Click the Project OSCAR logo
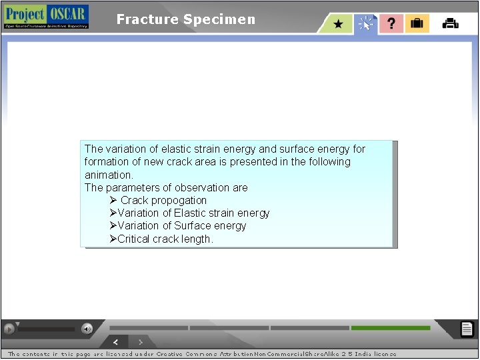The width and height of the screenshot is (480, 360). coord(46,17)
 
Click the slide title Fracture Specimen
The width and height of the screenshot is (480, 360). coord(185,19)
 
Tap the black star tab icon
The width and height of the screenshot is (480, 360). coord(339,24)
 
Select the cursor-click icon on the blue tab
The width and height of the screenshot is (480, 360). coord(366,24)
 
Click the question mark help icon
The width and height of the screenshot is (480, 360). coord(391,24)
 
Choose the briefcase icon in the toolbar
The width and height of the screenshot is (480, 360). coord(417,24)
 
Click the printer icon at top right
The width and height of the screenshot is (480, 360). coord(451,24)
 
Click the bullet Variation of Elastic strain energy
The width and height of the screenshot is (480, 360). coord(193,213)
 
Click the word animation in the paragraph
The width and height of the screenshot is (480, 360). coord(109,175)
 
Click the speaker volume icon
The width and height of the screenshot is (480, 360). coord(87,329)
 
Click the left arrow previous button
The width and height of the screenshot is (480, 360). coord(116,342)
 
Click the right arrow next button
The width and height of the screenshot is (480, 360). coord(140,342)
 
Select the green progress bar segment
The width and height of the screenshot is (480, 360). coord(390,328)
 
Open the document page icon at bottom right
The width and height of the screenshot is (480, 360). coord(467,329)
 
